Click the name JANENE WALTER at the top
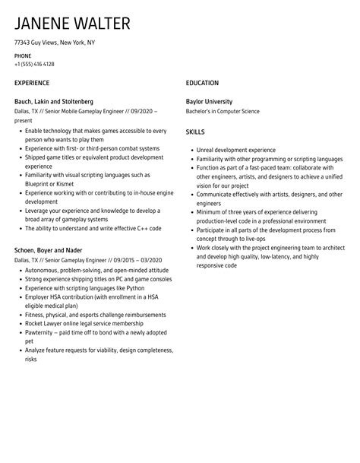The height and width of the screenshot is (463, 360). [72, 24]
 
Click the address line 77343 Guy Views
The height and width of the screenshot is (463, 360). [55, 43]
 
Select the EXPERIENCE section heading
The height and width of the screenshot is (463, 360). [32, 83]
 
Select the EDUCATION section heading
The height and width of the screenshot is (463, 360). [202, 83]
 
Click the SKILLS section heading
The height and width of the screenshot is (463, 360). [196, 131]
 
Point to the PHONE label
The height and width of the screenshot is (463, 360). [23, 55]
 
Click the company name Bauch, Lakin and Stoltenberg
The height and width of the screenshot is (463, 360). [54, 101]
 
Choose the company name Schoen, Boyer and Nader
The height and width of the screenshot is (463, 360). [48, 249]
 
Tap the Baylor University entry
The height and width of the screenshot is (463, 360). [209, 101]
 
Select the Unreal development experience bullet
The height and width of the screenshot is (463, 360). [235, 150]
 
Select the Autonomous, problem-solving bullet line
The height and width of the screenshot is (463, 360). [90, 269]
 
